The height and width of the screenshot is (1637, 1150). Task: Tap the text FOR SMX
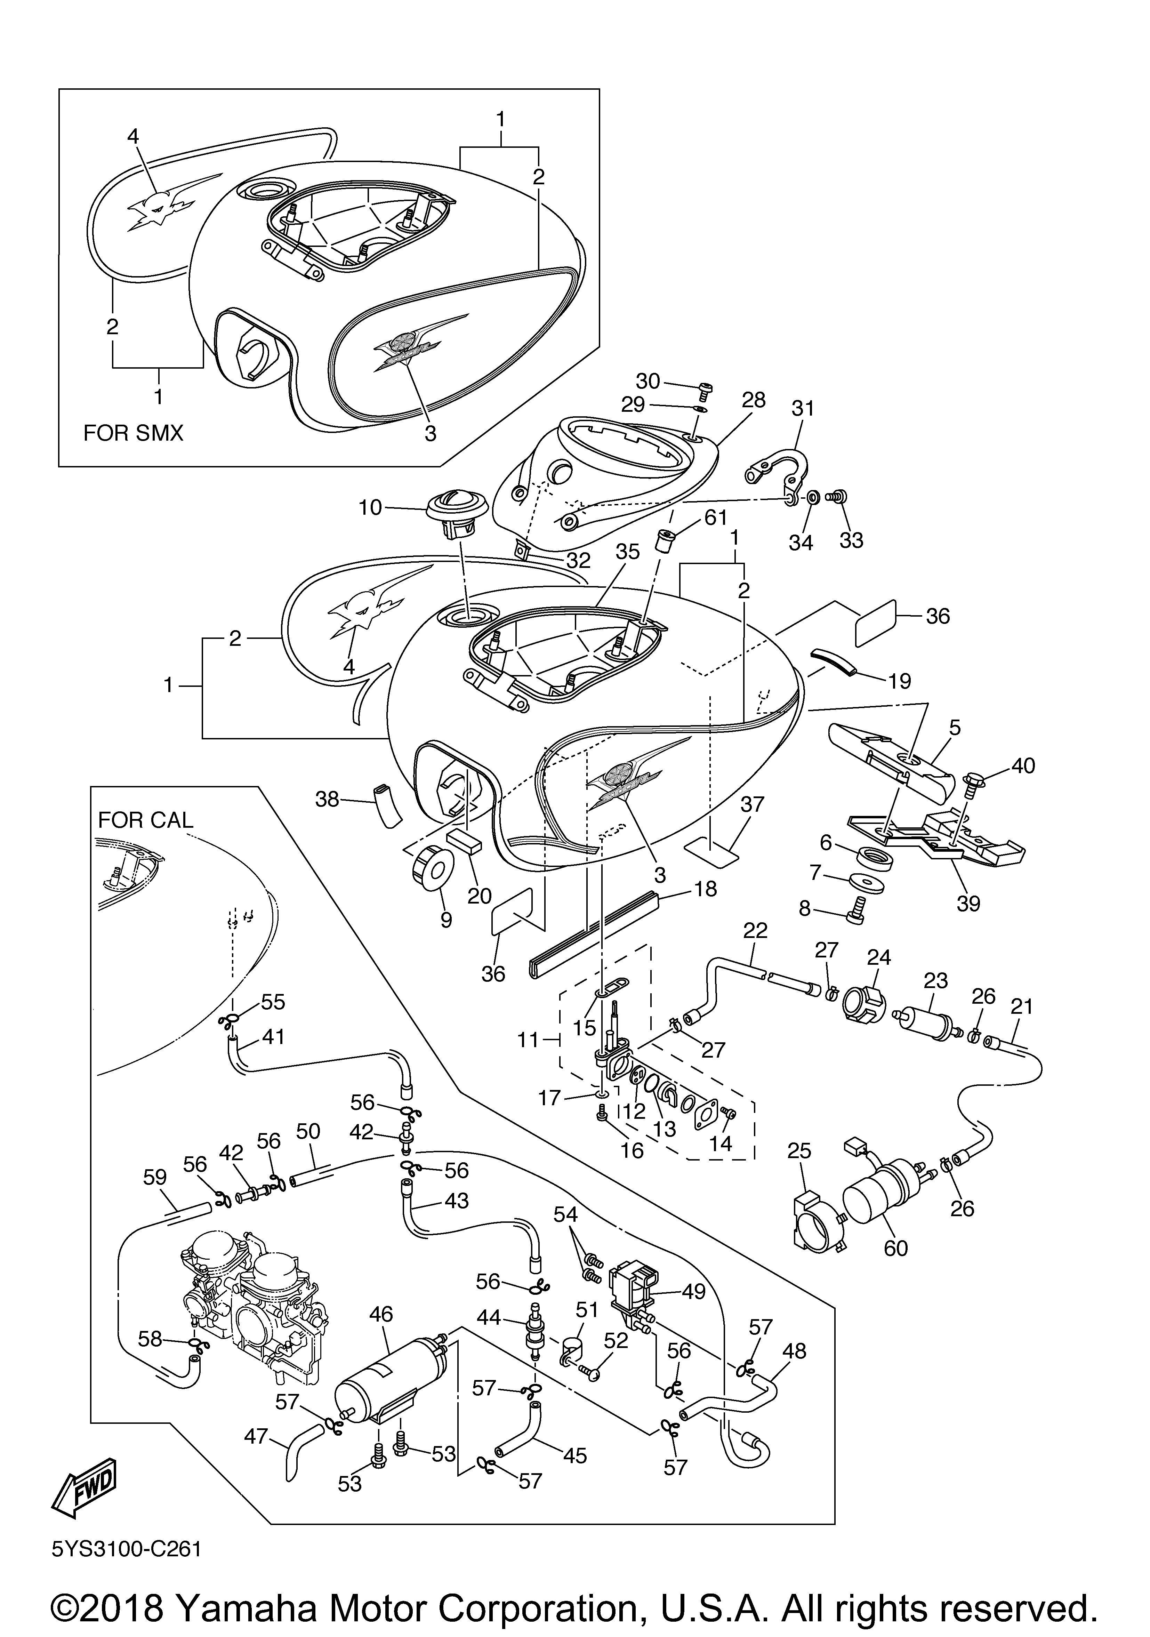tap(133, 433)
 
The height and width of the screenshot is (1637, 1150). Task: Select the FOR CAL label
tap(145, 820)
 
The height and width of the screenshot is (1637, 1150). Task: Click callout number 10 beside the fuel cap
tap(371, 508)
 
